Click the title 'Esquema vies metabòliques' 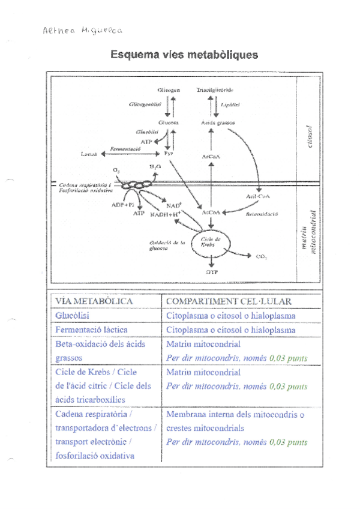click(x=184, y=55)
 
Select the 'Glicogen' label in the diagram click(x=169, y=89)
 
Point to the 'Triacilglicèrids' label click(x=214, y=89)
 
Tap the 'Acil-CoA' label click(x=257, y=196)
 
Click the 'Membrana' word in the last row click(x=187, y=415)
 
